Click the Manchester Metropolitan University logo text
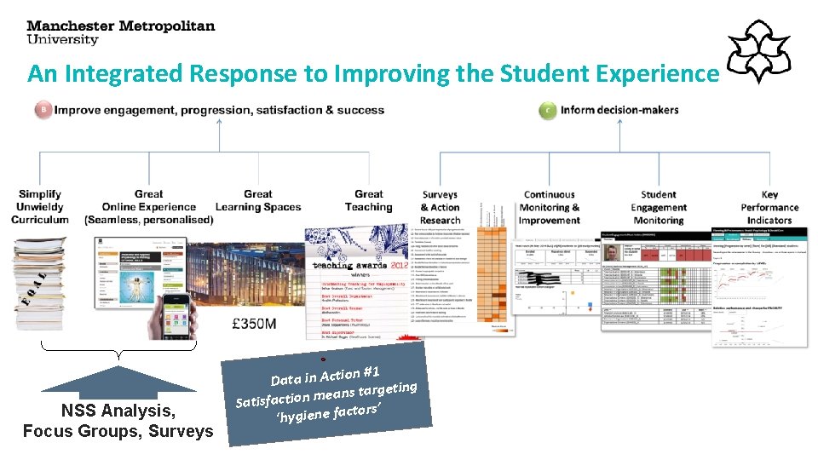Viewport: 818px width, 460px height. tap(121, 32)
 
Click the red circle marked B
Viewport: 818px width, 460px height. tap(43, 110)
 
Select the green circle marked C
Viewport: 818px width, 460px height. tap(548, 110)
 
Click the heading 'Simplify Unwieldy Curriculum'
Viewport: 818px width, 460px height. tap(40, 207)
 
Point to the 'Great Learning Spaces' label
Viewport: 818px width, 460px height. tap(258, 200)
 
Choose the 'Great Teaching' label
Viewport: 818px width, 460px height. tap(368, 200)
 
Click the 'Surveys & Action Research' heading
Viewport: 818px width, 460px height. tap(440, 207)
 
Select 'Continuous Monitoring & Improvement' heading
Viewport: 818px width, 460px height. tap(550, 207)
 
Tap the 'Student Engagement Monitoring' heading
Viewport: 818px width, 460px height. tap(659, 207)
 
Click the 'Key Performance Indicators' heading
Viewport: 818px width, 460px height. tap(769, 207)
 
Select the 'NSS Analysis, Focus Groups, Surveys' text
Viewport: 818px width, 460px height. tap(118, 422)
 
